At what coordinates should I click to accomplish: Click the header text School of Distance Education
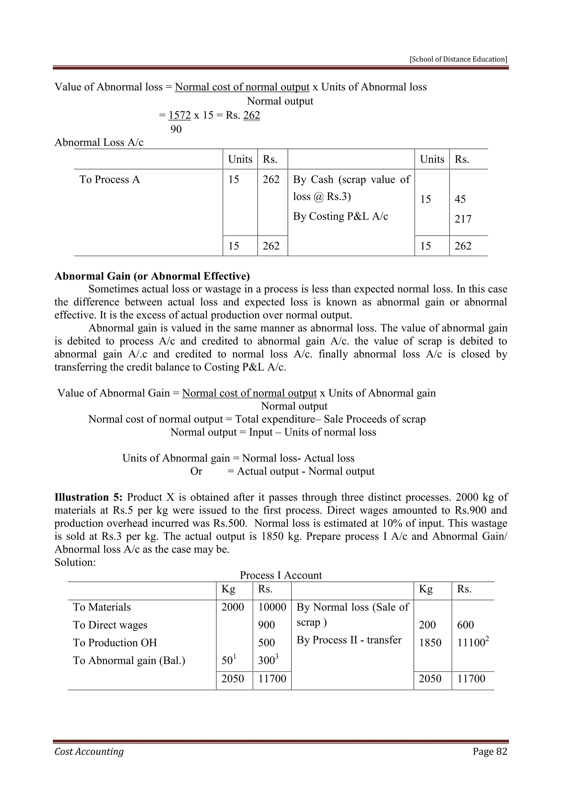click(x=459, y=59)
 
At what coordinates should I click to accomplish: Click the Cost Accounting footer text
click(x=89, y=752)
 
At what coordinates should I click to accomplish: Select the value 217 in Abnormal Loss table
click(x=463, y=219)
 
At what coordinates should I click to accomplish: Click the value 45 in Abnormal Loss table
click(x=460, y=199)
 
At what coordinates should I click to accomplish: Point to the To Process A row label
click(x=110, y=180)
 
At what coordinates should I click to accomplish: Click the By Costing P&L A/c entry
click(x=340, y=216)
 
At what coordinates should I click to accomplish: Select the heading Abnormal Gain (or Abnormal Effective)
click(x=152, y=276)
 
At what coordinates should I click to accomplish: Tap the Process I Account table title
click(x=281, y=575)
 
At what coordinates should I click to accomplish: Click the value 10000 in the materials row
click(x=272, y=607)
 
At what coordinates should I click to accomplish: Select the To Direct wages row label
click(x=110, y=625)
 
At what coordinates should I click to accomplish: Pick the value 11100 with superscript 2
click(x=471, y=643)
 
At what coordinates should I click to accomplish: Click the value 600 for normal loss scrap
click(x=465, y=625)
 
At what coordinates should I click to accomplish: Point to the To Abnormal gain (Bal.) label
click(x=129, y=660)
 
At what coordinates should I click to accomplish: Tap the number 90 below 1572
click(x=176, y=129)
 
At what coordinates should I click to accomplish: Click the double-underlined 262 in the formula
click(x=252, y=115)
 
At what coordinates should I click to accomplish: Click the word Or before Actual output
click(x=196, y=471)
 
